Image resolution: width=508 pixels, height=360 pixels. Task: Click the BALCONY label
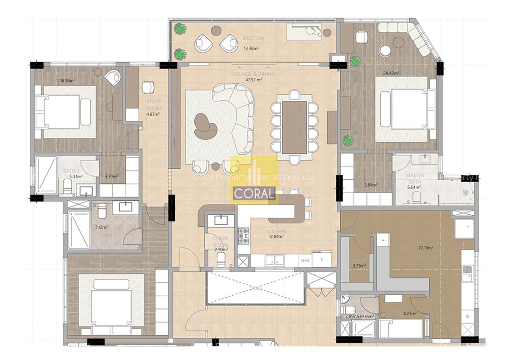pos(253,38)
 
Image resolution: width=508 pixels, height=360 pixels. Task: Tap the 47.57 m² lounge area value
pos(253,80)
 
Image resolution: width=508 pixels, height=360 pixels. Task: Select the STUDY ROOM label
pos(154,105)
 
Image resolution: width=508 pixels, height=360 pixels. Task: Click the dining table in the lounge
pos(294,127)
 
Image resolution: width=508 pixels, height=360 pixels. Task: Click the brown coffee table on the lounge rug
pos(206,125)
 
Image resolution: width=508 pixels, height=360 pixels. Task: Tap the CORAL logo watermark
pos(253,194)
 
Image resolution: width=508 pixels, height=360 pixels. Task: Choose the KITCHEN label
pos(276,232)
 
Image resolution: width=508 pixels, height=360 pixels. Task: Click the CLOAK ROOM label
pos(221,241)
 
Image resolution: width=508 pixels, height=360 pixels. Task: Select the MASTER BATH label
pos(415,178)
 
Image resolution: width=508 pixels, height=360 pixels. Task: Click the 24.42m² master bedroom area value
pos(391,72)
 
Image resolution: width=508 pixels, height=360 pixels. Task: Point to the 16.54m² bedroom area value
pos(67,80)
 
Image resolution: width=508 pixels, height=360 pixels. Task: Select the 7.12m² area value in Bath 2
pos(101,227)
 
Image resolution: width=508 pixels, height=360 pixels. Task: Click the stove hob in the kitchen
pos(243,236)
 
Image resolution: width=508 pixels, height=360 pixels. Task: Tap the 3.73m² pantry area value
pos(359,266)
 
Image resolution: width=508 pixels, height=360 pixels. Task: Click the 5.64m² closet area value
pos(371,185)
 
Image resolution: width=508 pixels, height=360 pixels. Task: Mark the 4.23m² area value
pos(409,314)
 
